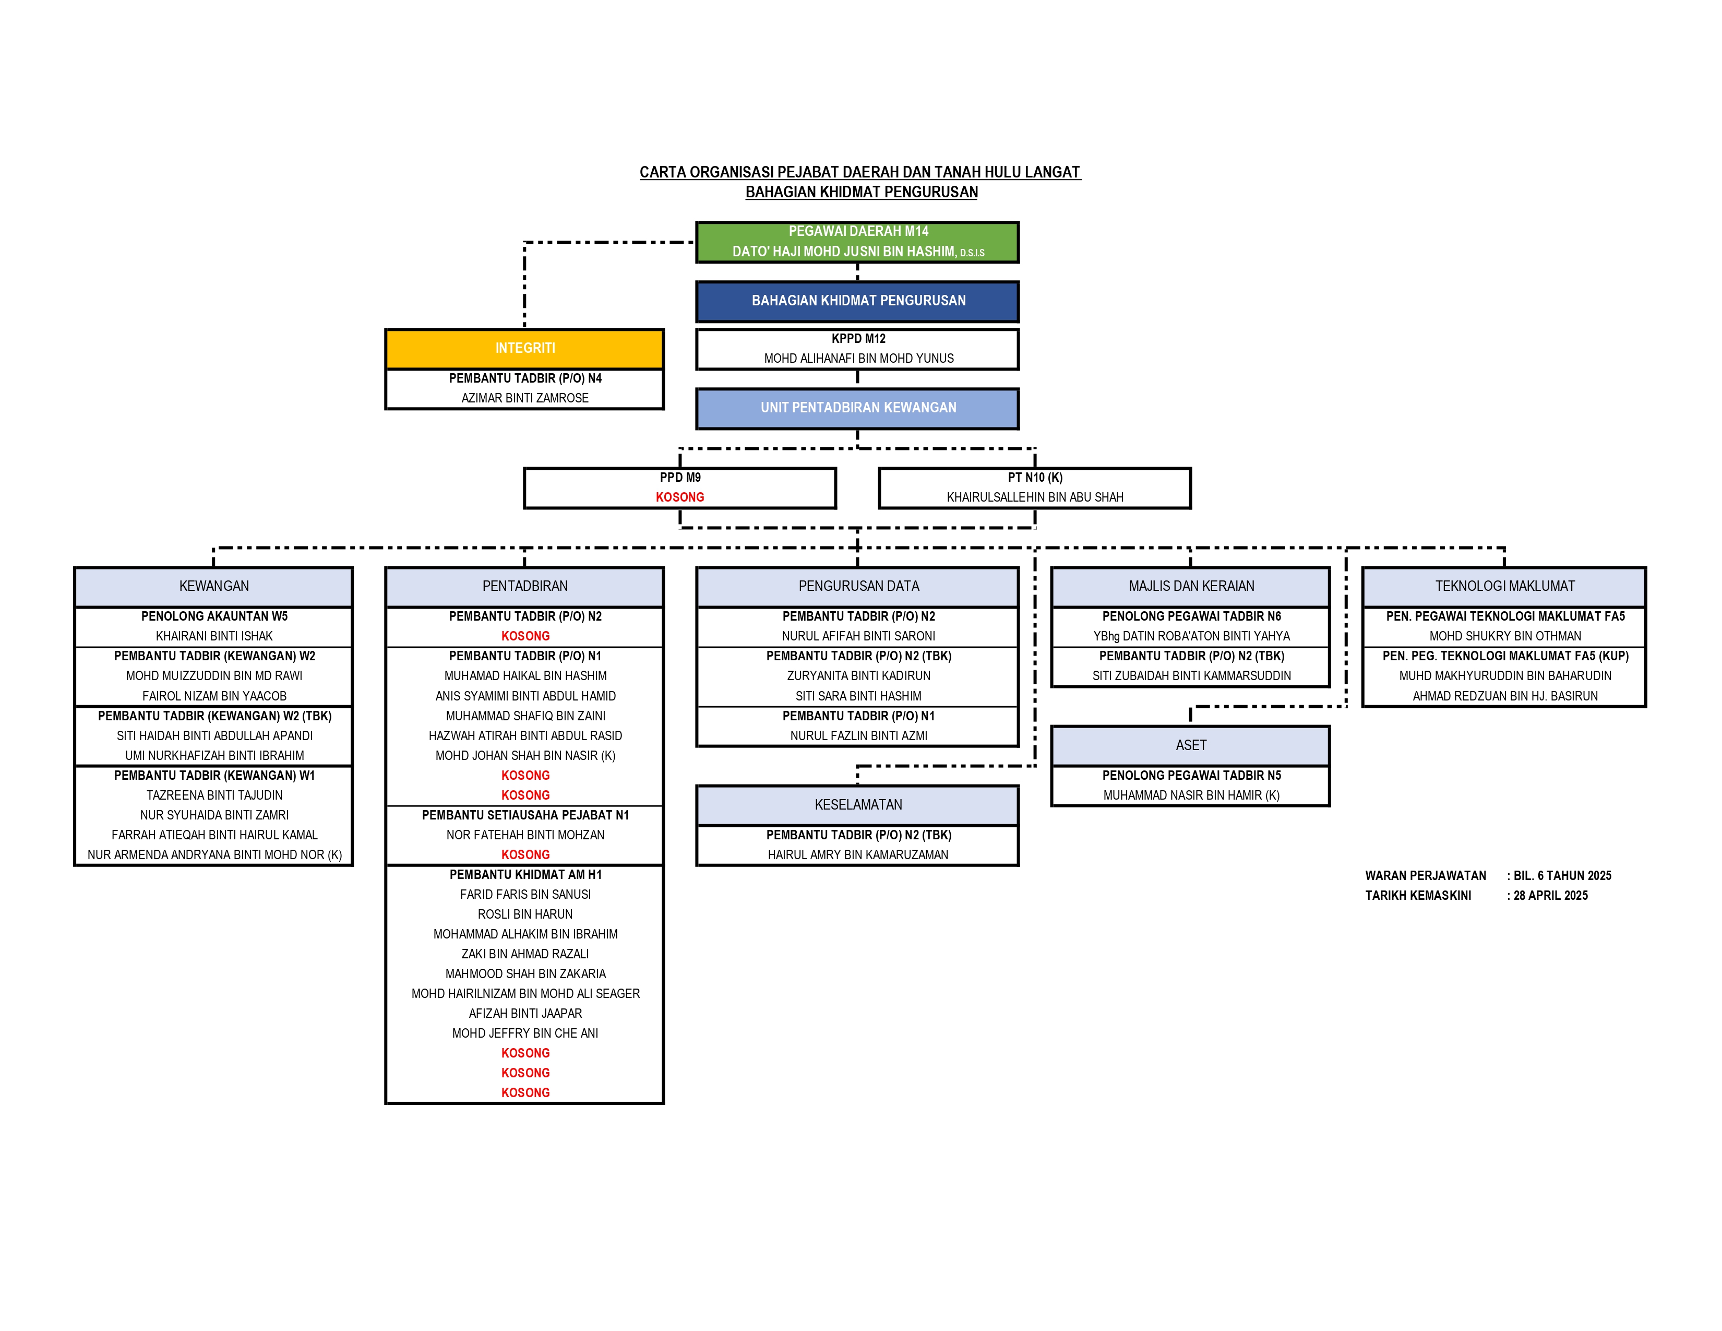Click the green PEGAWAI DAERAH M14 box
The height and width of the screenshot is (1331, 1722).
coord(857,242)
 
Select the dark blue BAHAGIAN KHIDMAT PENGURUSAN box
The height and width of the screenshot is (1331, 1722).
coord(857,301)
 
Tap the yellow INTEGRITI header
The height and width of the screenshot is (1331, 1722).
coord(524,349)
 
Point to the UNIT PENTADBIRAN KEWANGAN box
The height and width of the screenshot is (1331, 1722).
coord(857,409)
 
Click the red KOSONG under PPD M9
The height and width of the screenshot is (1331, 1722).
coord(679,497)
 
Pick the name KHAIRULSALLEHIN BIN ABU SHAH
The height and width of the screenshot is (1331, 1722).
coord(1034,497)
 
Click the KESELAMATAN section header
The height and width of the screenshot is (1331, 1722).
coord(858,805)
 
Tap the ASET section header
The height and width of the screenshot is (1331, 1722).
coord(1191,745)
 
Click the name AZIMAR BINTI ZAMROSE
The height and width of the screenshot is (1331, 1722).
coord(525,398)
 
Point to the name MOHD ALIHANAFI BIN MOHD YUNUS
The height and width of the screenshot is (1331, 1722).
coord(858,359)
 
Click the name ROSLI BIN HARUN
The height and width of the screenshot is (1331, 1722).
coord(525,914)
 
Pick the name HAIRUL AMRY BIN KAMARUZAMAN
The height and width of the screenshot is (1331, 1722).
coord(858,855)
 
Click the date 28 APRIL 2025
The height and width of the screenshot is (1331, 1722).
coord(1550,896)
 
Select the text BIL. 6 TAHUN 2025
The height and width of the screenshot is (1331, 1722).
coord(1562,876)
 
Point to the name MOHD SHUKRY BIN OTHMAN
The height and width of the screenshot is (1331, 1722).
coord(1505,636)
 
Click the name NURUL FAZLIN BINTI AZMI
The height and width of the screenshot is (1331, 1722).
coord(858,735)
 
